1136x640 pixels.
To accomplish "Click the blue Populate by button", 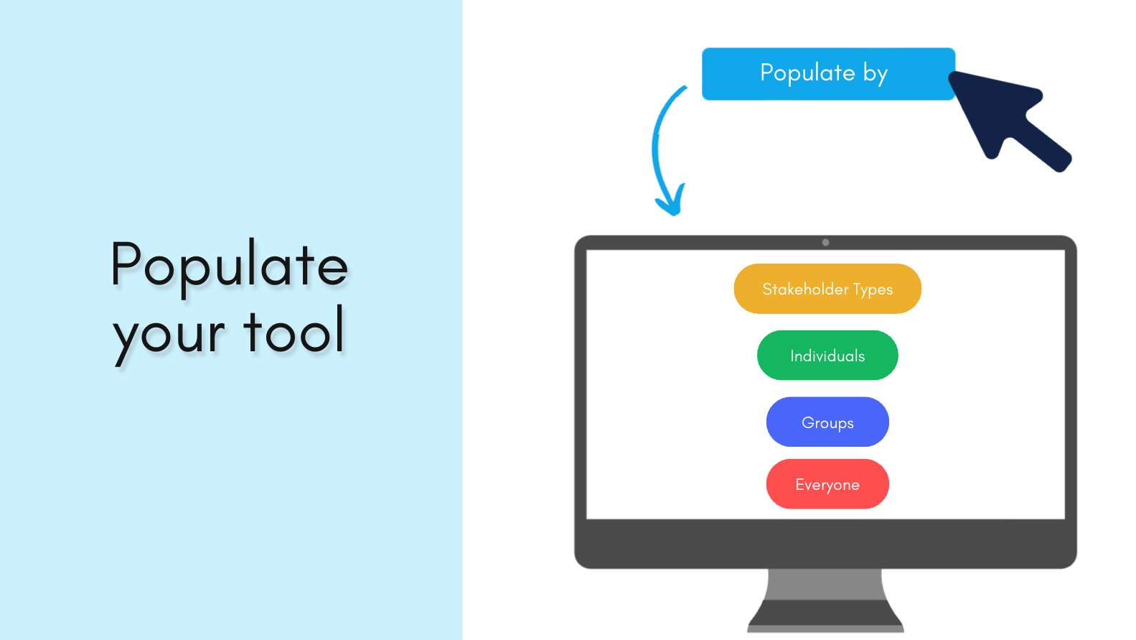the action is pyautogui.click(x=828, y=74).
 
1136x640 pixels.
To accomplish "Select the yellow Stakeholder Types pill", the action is pyautogui.click(x=827, y=289).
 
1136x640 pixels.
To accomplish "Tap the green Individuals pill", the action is pyautogui.click(x=827, y=356).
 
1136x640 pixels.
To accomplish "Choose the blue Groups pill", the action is pyautogui.click(x=827, y=422).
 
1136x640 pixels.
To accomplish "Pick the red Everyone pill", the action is pyautogui.click(x=827, y=483).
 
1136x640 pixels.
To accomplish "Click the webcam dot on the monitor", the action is pyautogui.click(x=826, y=243).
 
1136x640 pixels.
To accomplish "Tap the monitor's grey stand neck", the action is pyautogui.click(x=825, y=585).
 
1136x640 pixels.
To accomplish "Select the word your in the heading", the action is pyautogui.click(x=169, y=335).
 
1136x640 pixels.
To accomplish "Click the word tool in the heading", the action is pyautogui.click(x=294, y=329).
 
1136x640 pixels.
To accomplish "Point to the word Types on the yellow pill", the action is pyautogui.click(x=873, y=289).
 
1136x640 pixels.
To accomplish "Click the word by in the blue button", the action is pyautogui.click(x=876, y=74).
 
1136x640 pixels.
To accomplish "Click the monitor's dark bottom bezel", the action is pyautogui.click(x=825, y=543).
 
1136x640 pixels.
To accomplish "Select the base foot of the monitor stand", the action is pyautogui.click(x=825, y=616).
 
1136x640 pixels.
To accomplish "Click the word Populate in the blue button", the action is pyautogui.click(x=807, y=73).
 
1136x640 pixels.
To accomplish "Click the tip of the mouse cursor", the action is pyautogui.click(x=950, y=73).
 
